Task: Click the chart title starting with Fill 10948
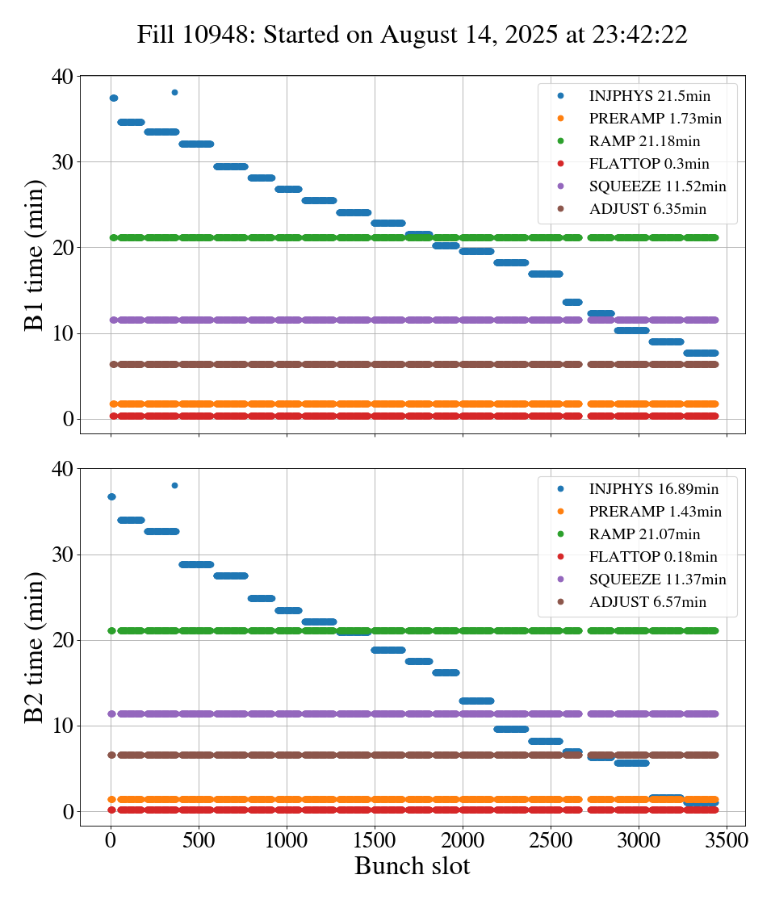(x=412, y=35)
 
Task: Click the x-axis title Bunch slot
(x=412, y=866)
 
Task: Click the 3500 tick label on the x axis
(x=727, y=839)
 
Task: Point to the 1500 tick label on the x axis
(x=375, y=839)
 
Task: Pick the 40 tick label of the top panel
(x=63, y=77)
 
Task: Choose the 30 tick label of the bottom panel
(x=63, y=555)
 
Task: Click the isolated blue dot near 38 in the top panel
(x=174, y=92)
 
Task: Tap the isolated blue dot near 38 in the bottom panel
(x=174, y=485)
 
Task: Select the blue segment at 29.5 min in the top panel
(x=231, y=166)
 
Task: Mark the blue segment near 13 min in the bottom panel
(x=476, y=701)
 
